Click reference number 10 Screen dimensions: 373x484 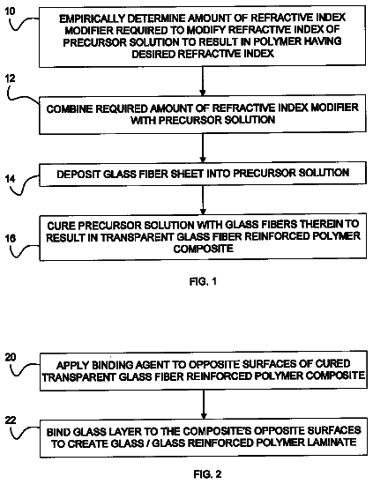[x=10, y=11]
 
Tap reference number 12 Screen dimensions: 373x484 [x=10, y=78]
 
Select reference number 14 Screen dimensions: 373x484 [x=11, y=179]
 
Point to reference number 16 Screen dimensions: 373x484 [x=10, y=238]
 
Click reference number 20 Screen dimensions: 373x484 [x=11, y=357]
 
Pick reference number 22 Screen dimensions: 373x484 [x=11, y=420]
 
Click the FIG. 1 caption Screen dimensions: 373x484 [x=203, y=281]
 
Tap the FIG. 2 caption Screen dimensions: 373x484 [x=207, y=473]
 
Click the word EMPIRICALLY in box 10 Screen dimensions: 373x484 [x=92, y=19]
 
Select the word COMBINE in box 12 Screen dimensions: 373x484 [x=70, y=109]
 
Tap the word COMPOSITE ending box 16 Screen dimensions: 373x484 [x=203, y=249]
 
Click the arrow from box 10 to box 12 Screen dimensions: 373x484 [x=203, y=81]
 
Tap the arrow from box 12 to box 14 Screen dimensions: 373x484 [x=203, y=148]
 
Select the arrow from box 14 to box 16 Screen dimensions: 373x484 [x=203, y=200]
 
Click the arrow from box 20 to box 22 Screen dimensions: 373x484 [x=204, y=405]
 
